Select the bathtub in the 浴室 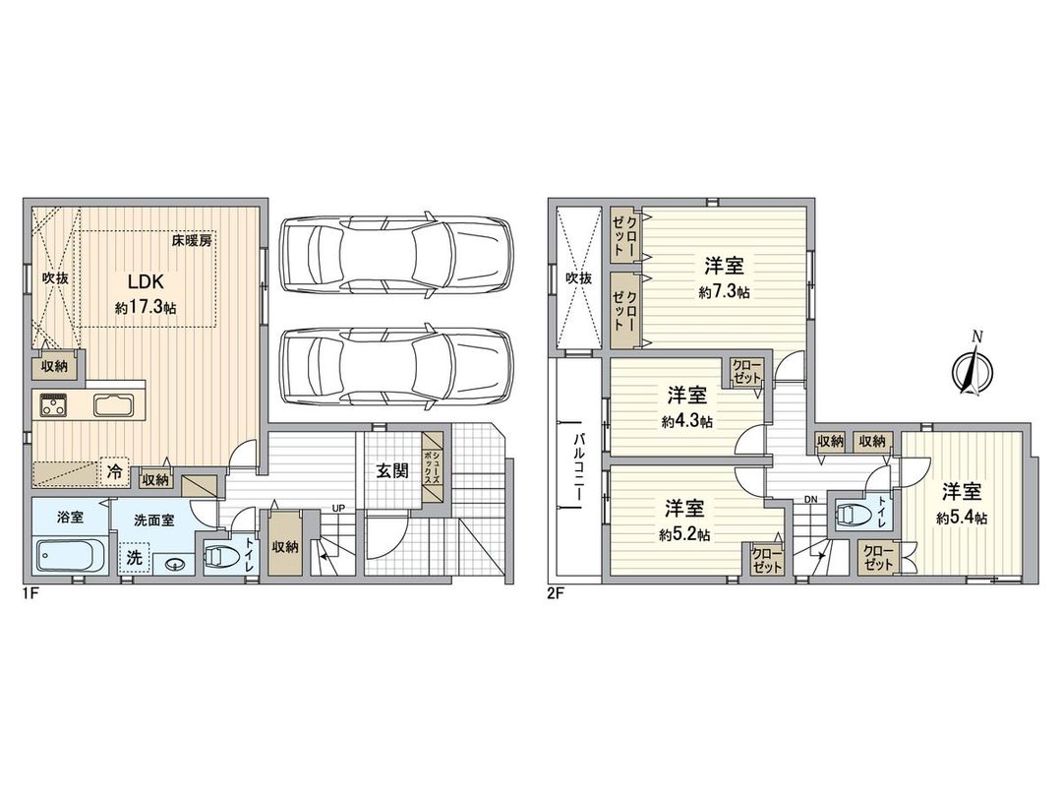point(68,557)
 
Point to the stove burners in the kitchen point(52,405)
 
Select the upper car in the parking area point(395,254)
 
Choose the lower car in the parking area point(395,366)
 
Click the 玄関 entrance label point(391,470)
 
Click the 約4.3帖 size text point(687,420)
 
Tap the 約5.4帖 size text point(963,518)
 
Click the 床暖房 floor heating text point(192,240)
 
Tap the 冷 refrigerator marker point(115,472)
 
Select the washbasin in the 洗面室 point(175,564)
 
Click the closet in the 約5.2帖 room point(766,560)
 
